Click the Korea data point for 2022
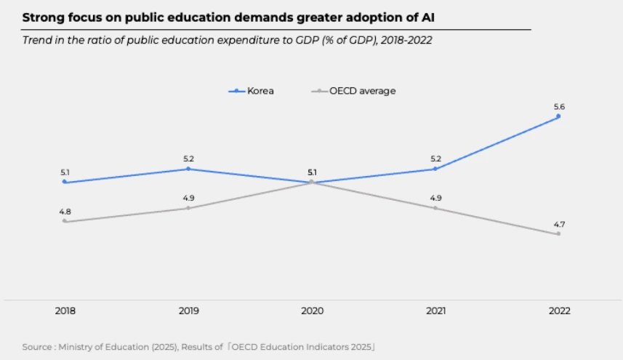click(558, 116)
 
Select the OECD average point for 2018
click(65, 221)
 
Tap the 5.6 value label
click(558, 106)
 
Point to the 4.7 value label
click(558, 224)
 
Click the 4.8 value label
click(65, 212)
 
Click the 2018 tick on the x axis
click(65, 311)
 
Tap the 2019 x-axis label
click(188, 311)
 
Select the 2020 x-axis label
click(312, 311)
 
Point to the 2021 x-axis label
click(435, 311)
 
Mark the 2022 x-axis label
click(558, 311)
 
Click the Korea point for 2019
click(188, 169)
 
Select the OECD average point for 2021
click(435, 208)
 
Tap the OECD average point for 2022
click(558, 234)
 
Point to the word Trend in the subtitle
click(37, 41)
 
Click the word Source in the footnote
click(37, 347)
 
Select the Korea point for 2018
click(65, 182)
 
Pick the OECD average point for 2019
click(188, 208)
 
